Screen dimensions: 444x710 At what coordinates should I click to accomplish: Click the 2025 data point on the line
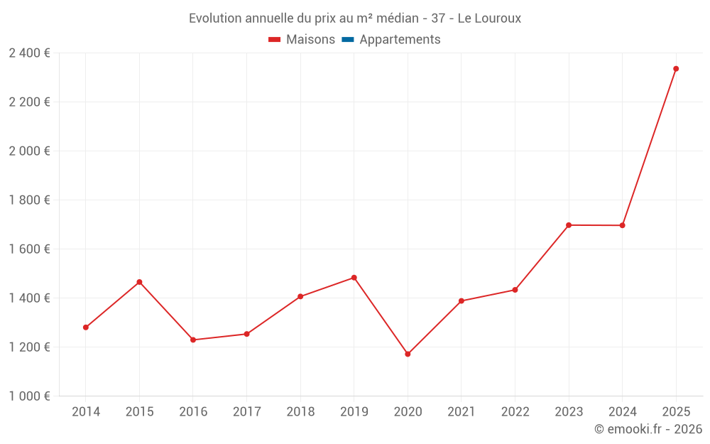(x=676, y=69)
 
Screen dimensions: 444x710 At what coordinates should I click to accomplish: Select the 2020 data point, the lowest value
(x=408, y=354)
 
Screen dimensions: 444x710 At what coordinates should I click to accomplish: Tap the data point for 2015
(x=139, y=282)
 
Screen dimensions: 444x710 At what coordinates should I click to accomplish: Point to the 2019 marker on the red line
(x=354, y=278)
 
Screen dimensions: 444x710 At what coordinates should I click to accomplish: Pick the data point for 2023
(x=569, y=225)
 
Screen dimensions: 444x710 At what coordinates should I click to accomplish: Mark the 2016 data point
(x=193, y=340)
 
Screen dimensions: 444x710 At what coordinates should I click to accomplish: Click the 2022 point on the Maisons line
(x=515, y=290)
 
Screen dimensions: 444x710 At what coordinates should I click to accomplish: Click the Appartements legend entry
(x=400, y=40)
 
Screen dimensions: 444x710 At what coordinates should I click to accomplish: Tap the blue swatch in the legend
(x=348, y=40)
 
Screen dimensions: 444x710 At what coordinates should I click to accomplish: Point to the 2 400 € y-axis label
(x=29, y=53)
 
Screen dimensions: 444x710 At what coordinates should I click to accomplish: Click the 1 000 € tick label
(x=29, y=396)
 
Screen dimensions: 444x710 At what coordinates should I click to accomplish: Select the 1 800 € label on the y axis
(x=29, y=200)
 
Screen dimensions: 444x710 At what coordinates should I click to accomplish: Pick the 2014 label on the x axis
(x=86, y=412)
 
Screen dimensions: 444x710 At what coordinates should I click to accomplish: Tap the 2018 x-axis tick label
(x=300, y=412)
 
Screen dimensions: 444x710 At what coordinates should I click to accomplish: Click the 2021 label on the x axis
(x=461, y=412)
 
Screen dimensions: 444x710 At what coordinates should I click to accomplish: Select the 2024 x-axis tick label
(x=623, y=412)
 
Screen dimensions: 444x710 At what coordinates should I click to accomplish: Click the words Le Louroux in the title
(x=489, y=18)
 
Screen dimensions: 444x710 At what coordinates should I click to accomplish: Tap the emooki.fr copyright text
(x=648, y=429)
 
